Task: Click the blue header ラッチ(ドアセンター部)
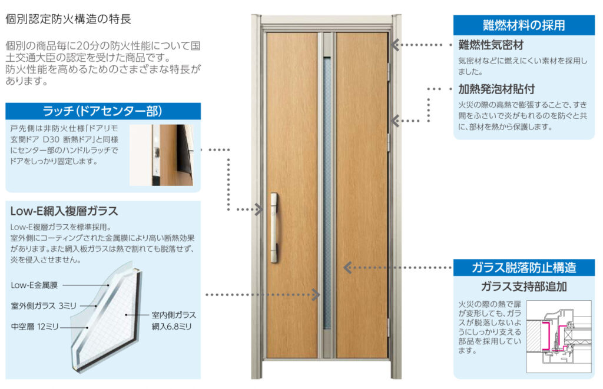102,111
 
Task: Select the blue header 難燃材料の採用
524,25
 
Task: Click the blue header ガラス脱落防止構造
524,268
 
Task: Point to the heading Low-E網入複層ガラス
64,211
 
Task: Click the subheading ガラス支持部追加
524,287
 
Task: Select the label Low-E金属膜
34,285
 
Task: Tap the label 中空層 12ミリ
37,325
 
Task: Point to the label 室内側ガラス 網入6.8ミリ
173,320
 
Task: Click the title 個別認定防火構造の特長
68,19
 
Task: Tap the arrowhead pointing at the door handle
259,209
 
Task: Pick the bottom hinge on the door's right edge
389,327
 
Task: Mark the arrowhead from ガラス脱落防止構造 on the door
347,268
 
